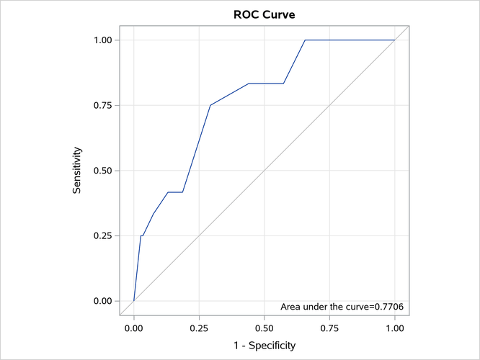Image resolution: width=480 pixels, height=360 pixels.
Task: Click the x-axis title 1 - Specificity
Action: click(265, 346)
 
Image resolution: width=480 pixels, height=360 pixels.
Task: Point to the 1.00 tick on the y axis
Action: click(101, 40)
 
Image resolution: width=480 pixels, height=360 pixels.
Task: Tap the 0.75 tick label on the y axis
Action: click(101, 105)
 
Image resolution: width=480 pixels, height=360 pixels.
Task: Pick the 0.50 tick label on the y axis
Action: click(101, 171)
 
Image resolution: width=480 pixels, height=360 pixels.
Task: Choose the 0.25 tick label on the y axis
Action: click(101, 236)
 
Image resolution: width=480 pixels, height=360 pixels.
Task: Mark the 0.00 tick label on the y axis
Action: click(101, 301)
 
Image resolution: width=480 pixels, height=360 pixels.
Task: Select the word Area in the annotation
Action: click(290, 307)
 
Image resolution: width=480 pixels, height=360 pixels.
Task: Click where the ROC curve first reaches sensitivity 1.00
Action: click(305, 40)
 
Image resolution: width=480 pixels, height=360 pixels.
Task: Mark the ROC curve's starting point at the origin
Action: click(134, 301)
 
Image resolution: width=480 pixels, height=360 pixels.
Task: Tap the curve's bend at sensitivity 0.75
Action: click(210, 105)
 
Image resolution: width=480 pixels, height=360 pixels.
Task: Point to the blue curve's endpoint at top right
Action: click(395, 40)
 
